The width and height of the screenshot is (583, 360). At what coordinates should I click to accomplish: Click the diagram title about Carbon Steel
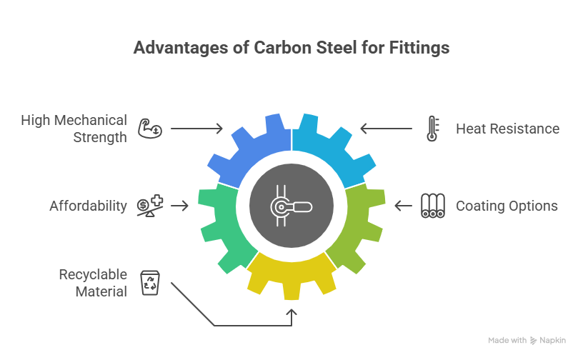(x=291, y=49)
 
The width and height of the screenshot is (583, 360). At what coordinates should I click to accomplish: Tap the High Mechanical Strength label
(x=74, y=128)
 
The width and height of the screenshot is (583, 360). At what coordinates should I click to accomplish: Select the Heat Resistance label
(x=507, y=129)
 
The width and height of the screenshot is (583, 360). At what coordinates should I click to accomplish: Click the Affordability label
(x=88, y=206)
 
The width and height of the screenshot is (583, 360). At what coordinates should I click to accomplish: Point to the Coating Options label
(x=507, y=206)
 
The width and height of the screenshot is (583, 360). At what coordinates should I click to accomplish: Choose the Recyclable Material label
(x=94, y=283)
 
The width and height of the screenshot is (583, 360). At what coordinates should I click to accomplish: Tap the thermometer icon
(x=432, y=129)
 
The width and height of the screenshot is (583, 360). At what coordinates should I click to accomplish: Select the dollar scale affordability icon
(x=150, y=206)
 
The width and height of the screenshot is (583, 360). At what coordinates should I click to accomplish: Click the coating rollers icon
(x=432, y=206)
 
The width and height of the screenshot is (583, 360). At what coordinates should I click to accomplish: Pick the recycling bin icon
(x=149, y=283)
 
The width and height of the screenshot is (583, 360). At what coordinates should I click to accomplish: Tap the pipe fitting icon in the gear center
(x=291, y=206)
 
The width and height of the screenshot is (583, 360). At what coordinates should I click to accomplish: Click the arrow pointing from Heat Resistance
(x=386, y=129)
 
